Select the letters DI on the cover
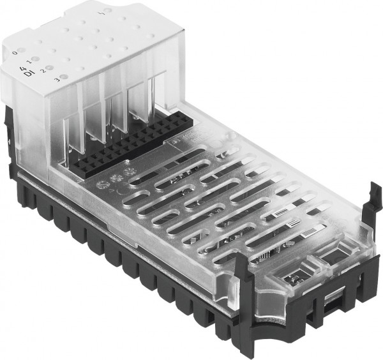tap(27, 74)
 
